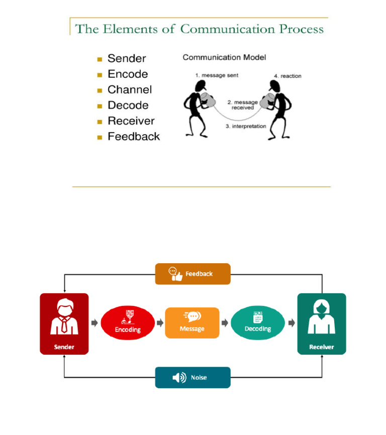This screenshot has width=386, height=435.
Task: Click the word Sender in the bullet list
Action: (127, 59)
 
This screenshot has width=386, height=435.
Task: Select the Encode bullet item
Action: (128, 74)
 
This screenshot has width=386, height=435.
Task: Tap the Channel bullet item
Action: (130, 90)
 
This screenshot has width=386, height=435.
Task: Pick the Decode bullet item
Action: (128, 105)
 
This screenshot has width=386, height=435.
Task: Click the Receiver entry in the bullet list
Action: (131, 121)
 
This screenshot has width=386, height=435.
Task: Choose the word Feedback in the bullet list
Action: (134, 137)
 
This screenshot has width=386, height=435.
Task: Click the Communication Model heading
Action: (224, 58)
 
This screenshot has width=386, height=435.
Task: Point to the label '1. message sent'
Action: (217, 76)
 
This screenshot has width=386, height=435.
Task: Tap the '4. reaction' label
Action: (287, 76)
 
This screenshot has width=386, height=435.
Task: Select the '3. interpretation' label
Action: (246, 127)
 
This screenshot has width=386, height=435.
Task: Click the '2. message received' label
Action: (242, 105)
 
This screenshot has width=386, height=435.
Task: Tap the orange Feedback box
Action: (192, 274)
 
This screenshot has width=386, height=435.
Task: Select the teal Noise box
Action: (192, 377)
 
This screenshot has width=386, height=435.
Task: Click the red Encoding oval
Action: (128, 323)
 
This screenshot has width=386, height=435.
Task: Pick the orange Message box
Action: (192, 323)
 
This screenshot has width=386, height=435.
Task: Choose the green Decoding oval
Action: (257, 323)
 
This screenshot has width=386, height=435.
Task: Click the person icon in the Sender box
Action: (64, 317)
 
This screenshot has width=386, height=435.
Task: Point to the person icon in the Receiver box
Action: (321, 317)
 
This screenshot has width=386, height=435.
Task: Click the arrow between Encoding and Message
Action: (160, 323)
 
